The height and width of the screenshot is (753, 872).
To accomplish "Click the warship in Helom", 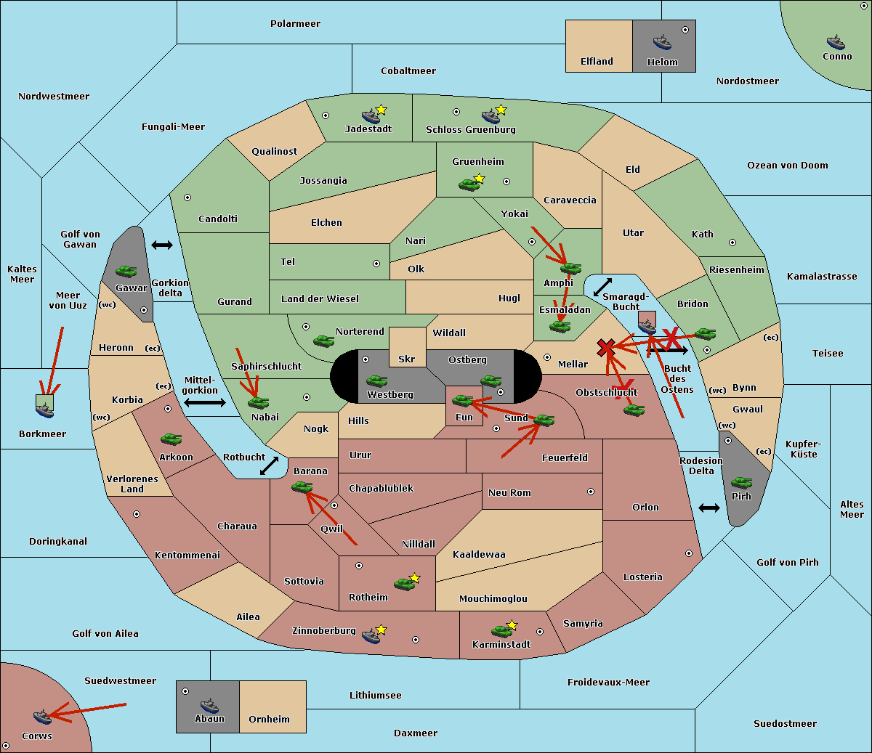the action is click(x=662, y=42).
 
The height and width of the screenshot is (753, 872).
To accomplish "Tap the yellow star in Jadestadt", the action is click(x=381, y=110).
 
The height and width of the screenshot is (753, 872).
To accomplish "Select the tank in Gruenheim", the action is click(x=469, y=184).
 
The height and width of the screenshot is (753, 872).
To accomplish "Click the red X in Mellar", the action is click(x=606, y=349).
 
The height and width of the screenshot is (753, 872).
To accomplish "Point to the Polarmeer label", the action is click(x=295, y=24).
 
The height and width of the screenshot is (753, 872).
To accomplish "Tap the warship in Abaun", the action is click(x=210, y=705).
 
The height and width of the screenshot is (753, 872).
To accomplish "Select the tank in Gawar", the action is click(x=126, y=271).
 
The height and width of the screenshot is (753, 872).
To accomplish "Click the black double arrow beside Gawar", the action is click(x=162, y=245).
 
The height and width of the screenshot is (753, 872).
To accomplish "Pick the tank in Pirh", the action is click(x=741, y=482).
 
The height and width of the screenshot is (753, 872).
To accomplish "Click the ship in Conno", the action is click(x=836, y=42).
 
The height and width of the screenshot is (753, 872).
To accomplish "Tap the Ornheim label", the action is click(x=269, y=719).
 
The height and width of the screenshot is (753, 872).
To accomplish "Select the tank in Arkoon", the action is click(x=171, y=439).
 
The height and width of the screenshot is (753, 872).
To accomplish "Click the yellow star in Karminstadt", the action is click(x=512, y=624).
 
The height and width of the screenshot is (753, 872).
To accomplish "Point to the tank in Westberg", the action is click(x=376, y=380).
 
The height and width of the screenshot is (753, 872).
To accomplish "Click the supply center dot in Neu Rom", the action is click(x=591, y=492).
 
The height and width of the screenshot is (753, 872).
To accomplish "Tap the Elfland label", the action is click(x=597, y=62).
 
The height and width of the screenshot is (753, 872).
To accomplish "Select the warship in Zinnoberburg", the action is click(x=371, y=636).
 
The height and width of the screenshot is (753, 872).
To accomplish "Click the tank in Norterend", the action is click(x=323, y=341).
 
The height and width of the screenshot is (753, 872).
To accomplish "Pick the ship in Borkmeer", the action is click(x=45, y=410).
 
